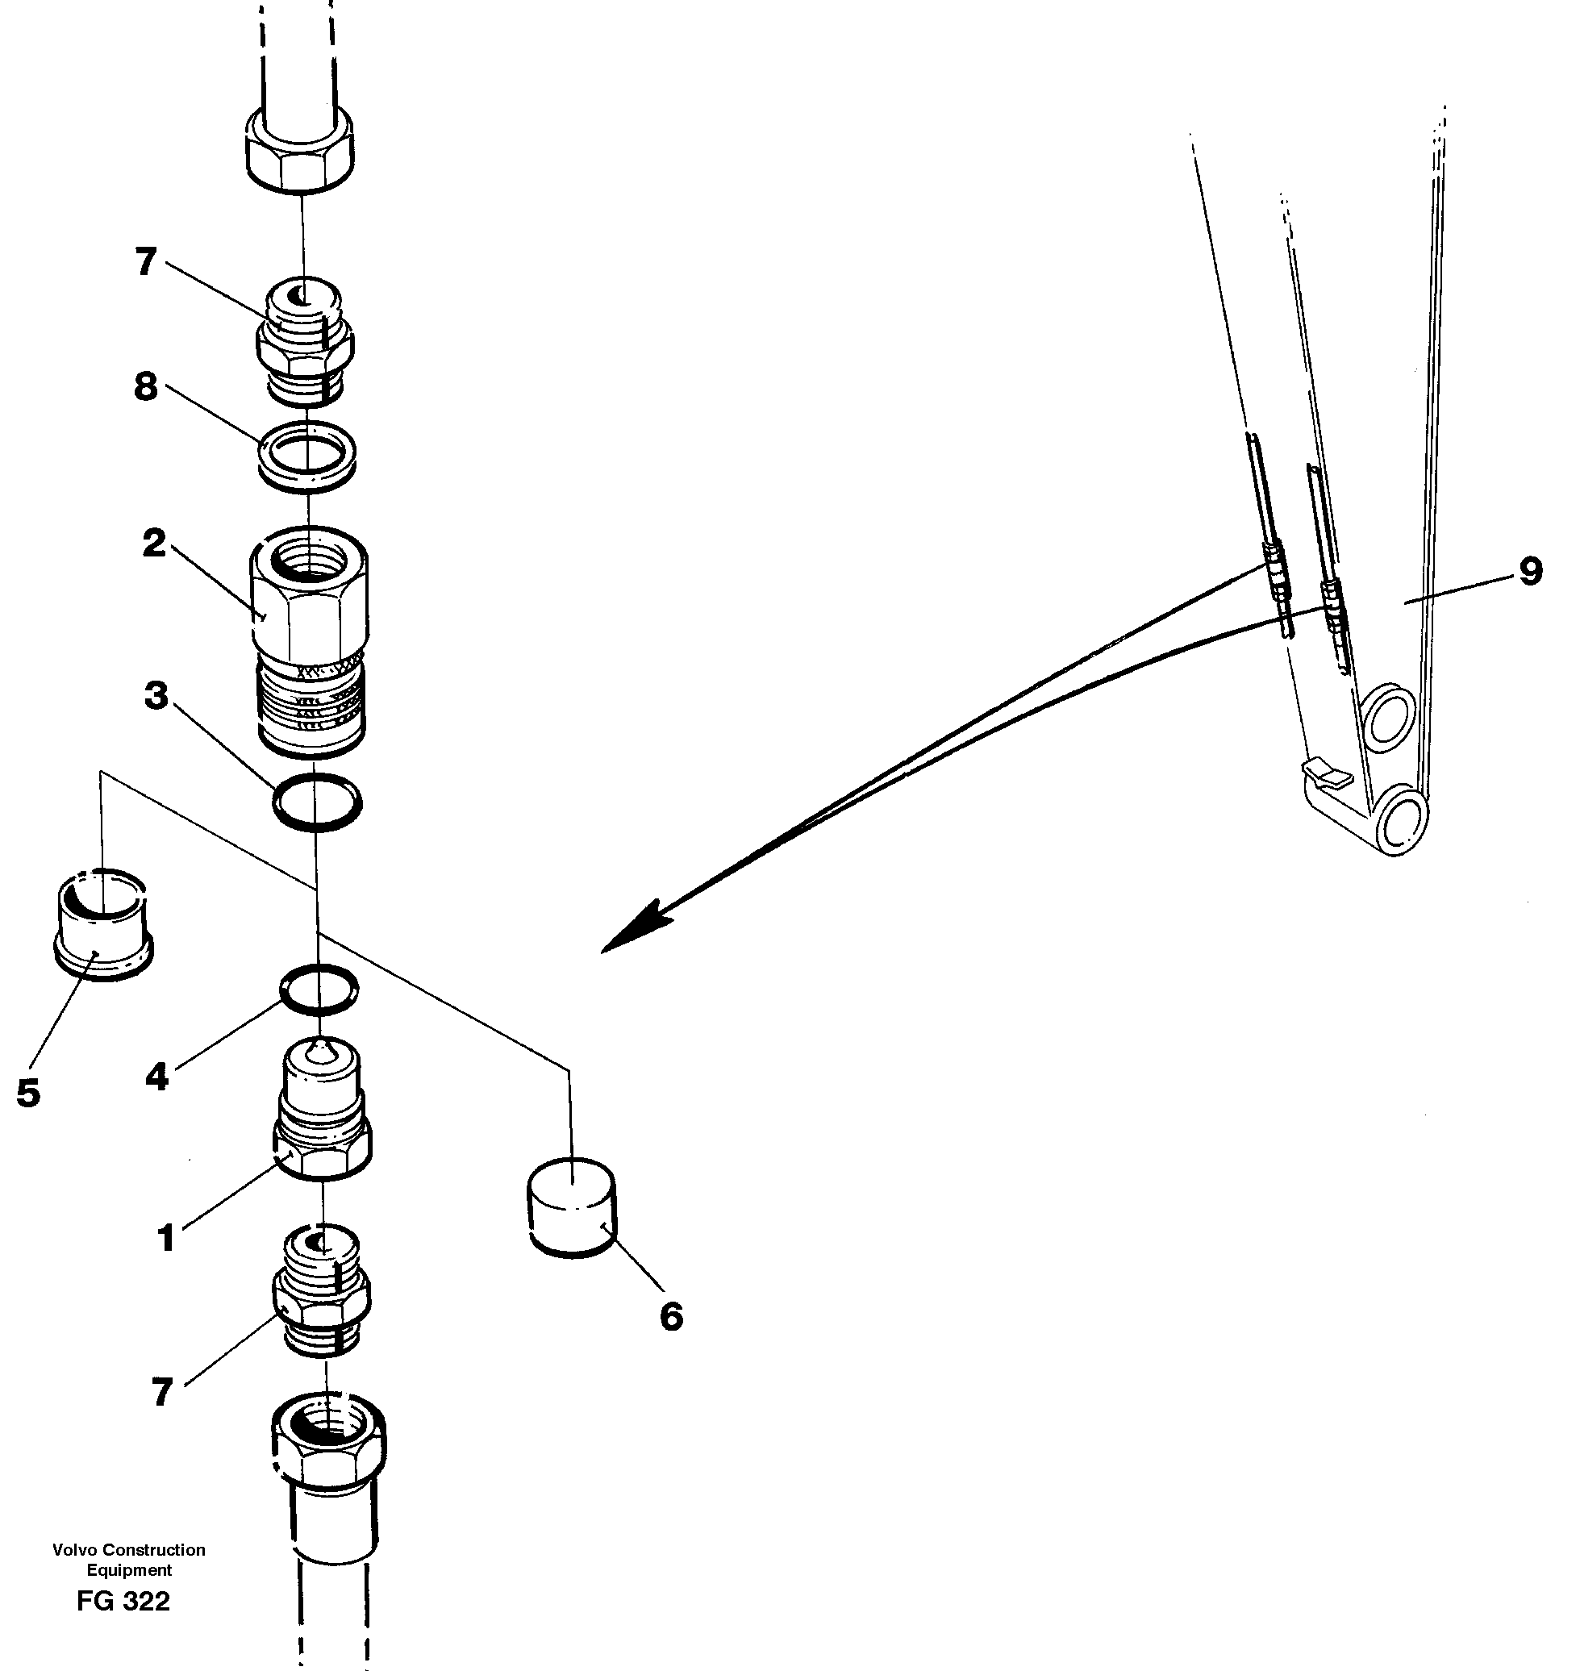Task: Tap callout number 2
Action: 153,544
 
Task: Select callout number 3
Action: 156,697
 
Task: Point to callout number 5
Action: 27,1094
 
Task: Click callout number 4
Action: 157,1077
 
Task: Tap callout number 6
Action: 670,1316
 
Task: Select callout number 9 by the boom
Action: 1530,572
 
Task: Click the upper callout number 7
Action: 146,262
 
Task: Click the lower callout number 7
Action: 163,1392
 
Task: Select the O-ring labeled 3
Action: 317,801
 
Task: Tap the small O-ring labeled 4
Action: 319,989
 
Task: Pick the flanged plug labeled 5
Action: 102,923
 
